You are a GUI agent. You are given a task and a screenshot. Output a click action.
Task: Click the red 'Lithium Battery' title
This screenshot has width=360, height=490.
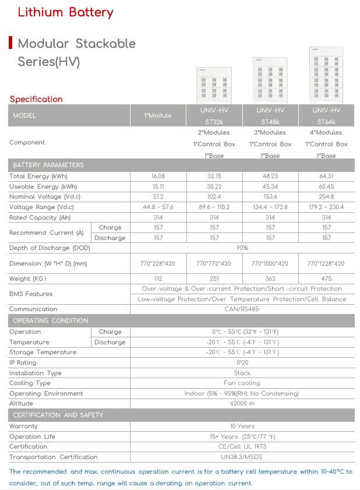pos(65,12)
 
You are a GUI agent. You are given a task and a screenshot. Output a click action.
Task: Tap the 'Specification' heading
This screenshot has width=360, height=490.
pos(36,99)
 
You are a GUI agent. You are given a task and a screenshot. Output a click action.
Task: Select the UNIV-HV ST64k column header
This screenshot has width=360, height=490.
pos(326,116)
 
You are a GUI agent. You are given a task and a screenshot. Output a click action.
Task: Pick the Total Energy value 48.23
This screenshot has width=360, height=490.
pos(270,176)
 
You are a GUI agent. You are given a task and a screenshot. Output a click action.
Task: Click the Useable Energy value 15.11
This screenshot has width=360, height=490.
pos(158,186)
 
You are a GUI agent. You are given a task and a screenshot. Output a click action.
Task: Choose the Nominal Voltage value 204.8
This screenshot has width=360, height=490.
pos(326,197)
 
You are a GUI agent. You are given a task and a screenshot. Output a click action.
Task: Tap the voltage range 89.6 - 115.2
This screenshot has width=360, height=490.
pos(214,207)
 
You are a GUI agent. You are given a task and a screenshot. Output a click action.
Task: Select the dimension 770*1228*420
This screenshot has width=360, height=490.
pos(326,263)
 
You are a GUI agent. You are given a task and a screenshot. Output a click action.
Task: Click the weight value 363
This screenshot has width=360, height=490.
pos(270,279)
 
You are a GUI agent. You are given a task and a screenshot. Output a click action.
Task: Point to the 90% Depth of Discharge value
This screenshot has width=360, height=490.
pos(242,248)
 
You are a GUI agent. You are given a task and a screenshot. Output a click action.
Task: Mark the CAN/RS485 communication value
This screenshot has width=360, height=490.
pos(242,309)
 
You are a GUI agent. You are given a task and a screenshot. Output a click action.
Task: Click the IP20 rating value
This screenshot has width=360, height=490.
pos(242,362)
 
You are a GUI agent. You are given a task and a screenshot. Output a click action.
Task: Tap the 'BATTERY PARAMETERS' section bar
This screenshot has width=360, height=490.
pos(48,165)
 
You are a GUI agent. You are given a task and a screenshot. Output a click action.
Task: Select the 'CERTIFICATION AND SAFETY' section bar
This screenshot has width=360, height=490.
pos(58,415)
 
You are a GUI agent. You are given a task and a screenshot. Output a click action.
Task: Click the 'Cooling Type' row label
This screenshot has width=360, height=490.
pos(30,383)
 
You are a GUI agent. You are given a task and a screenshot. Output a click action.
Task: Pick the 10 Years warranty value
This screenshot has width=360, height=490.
pos(242,426)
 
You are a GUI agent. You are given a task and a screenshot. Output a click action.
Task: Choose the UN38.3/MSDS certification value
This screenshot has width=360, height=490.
pos(242,457)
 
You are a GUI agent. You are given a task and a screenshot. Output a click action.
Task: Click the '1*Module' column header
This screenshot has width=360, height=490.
pos(158,116)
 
